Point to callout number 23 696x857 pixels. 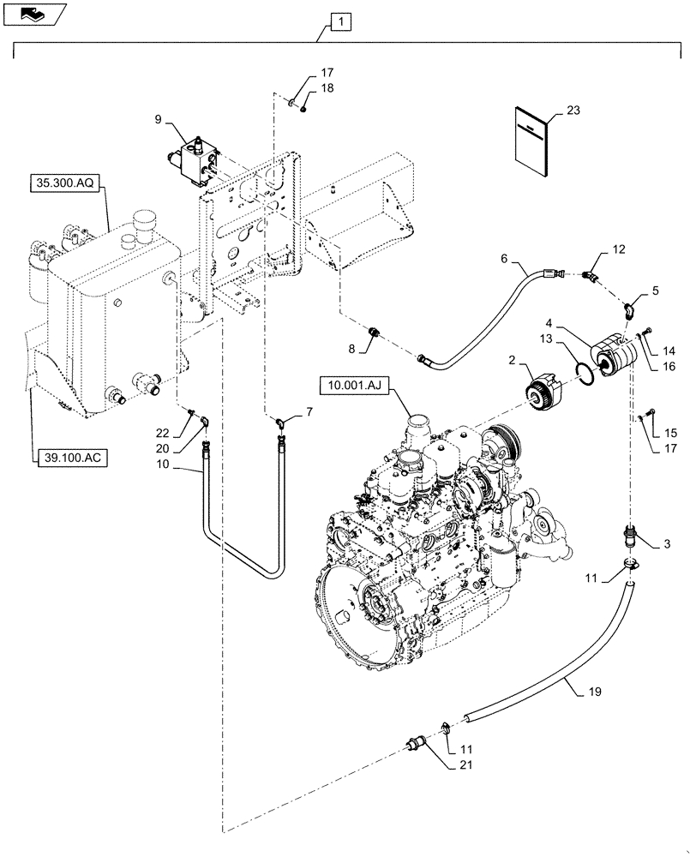(x=573, y=111)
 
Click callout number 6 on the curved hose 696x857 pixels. (x=504, y=257)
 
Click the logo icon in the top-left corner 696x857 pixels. (x=34, y=13)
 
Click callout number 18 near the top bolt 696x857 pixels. (x=327, y=88)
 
